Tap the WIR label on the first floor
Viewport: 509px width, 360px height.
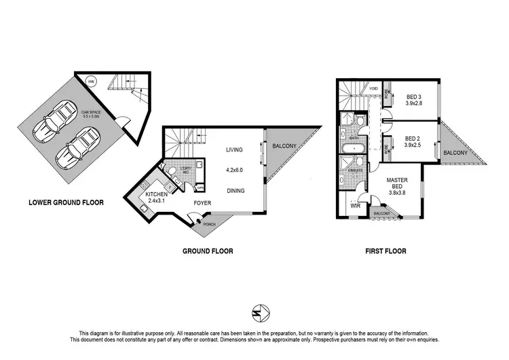tap(354, 205)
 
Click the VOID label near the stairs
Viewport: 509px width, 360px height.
tap(373, 89)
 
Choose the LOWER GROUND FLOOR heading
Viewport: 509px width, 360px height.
tap(65, 202)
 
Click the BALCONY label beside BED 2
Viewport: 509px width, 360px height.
tap(456, 153)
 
